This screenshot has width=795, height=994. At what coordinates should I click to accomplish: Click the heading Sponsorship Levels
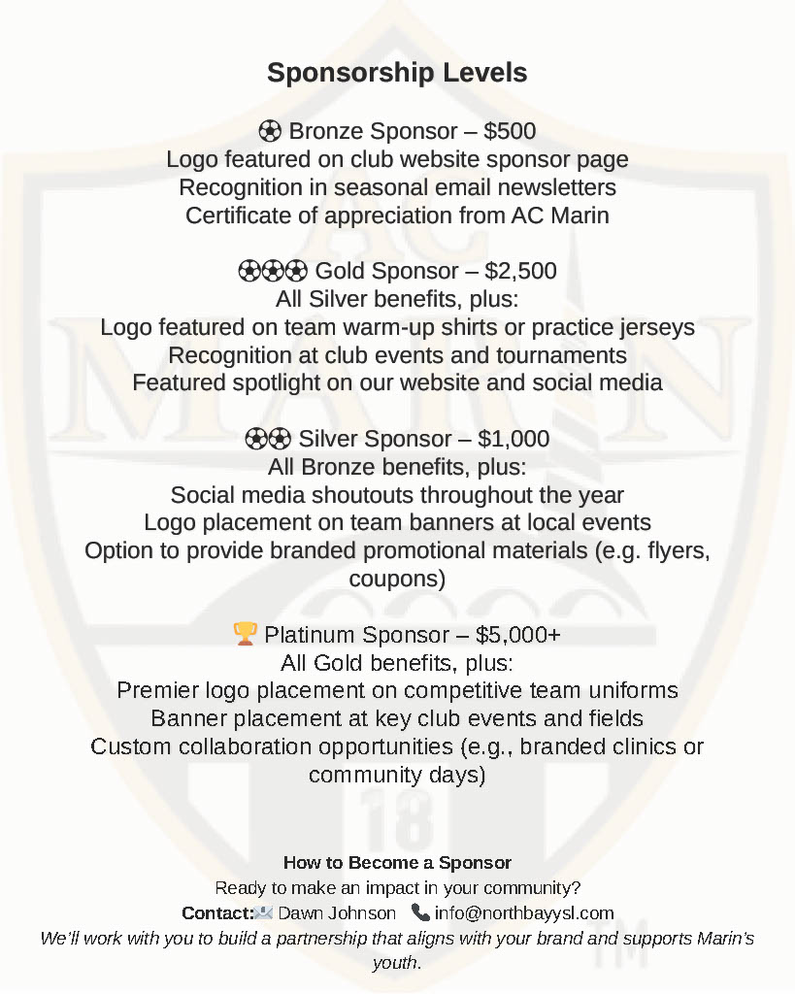(397, 73)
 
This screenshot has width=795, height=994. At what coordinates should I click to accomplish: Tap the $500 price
(510, 131)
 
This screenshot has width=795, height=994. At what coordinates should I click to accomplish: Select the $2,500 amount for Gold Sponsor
(520, 271)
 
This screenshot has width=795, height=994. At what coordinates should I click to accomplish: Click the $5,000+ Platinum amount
(517, 635)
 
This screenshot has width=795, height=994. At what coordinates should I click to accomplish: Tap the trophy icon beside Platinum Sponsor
(245, 635)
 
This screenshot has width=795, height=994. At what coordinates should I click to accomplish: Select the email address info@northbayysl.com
(524, 913)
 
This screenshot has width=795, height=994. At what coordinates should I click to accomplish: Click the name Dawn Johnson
(337, 913)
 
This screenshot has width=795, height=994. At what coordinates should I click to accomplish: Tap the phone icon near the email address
(420, 912)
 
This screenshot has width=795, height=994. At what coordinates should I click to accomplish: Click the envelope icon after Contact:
(263, 912)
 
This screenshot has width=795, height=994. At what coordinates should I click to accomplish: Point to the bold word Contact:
(216, 913)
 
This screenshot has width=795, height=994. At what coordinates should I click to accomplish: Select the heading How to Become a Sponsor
(397, 863)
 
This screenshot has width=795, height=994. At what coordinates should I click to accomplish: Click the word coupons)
(397, 580)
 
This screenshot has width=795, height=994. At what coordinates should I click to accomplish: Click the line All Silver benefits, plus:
(397, 299)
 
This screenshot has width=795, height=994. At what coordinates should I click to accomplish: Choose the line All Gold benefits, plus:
(397, 663)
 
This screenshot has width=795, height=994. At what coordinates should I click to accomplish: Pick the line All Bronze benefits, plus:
(397, 467)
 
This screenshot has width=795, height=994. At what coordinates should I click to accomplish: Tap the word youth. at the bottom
(397, 963)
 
